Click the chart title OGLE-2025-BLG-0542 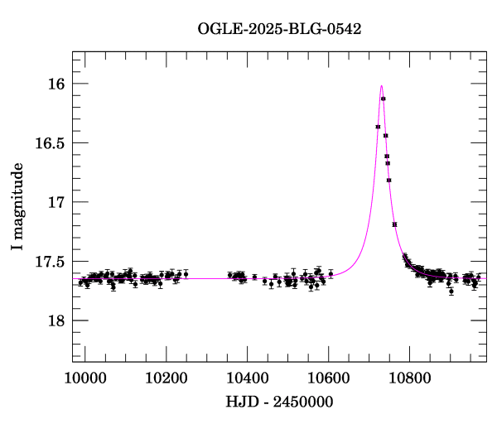pos(279,28)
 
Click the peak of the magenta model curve pos(381,85)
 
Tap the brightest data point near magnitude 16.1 pos(384,99)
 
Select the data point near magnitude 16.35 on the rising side pos(378,127)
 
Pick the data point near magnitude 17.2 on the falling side pos(394,224)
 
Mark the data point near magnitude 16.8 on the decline pos(388,180)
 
